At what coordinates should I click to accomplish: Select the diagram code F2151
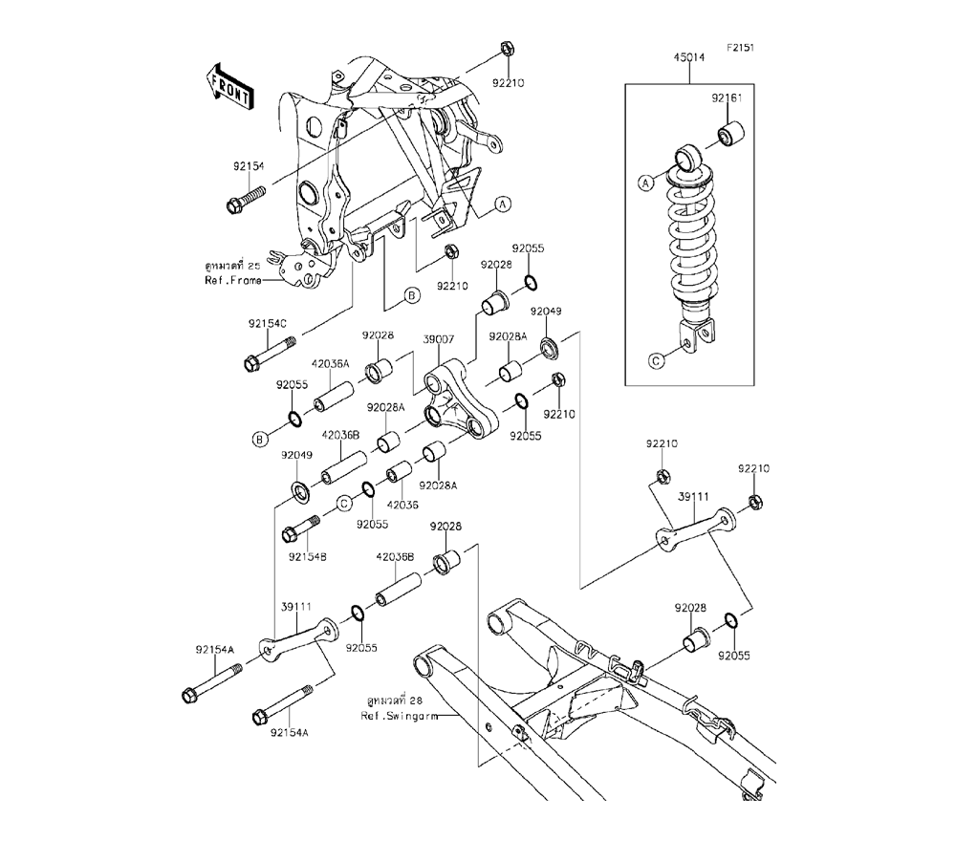[x=741, y=47]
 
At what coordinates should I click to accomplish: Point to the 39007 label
[x=439, y=339]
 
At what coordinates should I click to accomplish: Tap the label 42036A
[x=330, y=363]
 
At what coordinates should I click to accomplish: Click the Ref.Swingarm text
[x=400, y=715]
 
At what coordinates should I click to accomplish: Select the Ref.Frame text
[x=232, y=280]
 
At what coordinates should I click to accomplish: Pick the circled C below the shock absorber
[x=656, y=360]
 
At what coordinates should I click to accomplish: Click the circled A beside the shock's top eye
[x=646, y=182]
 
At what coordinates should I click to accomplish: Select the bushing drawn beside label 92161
[x=731, y=135]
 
